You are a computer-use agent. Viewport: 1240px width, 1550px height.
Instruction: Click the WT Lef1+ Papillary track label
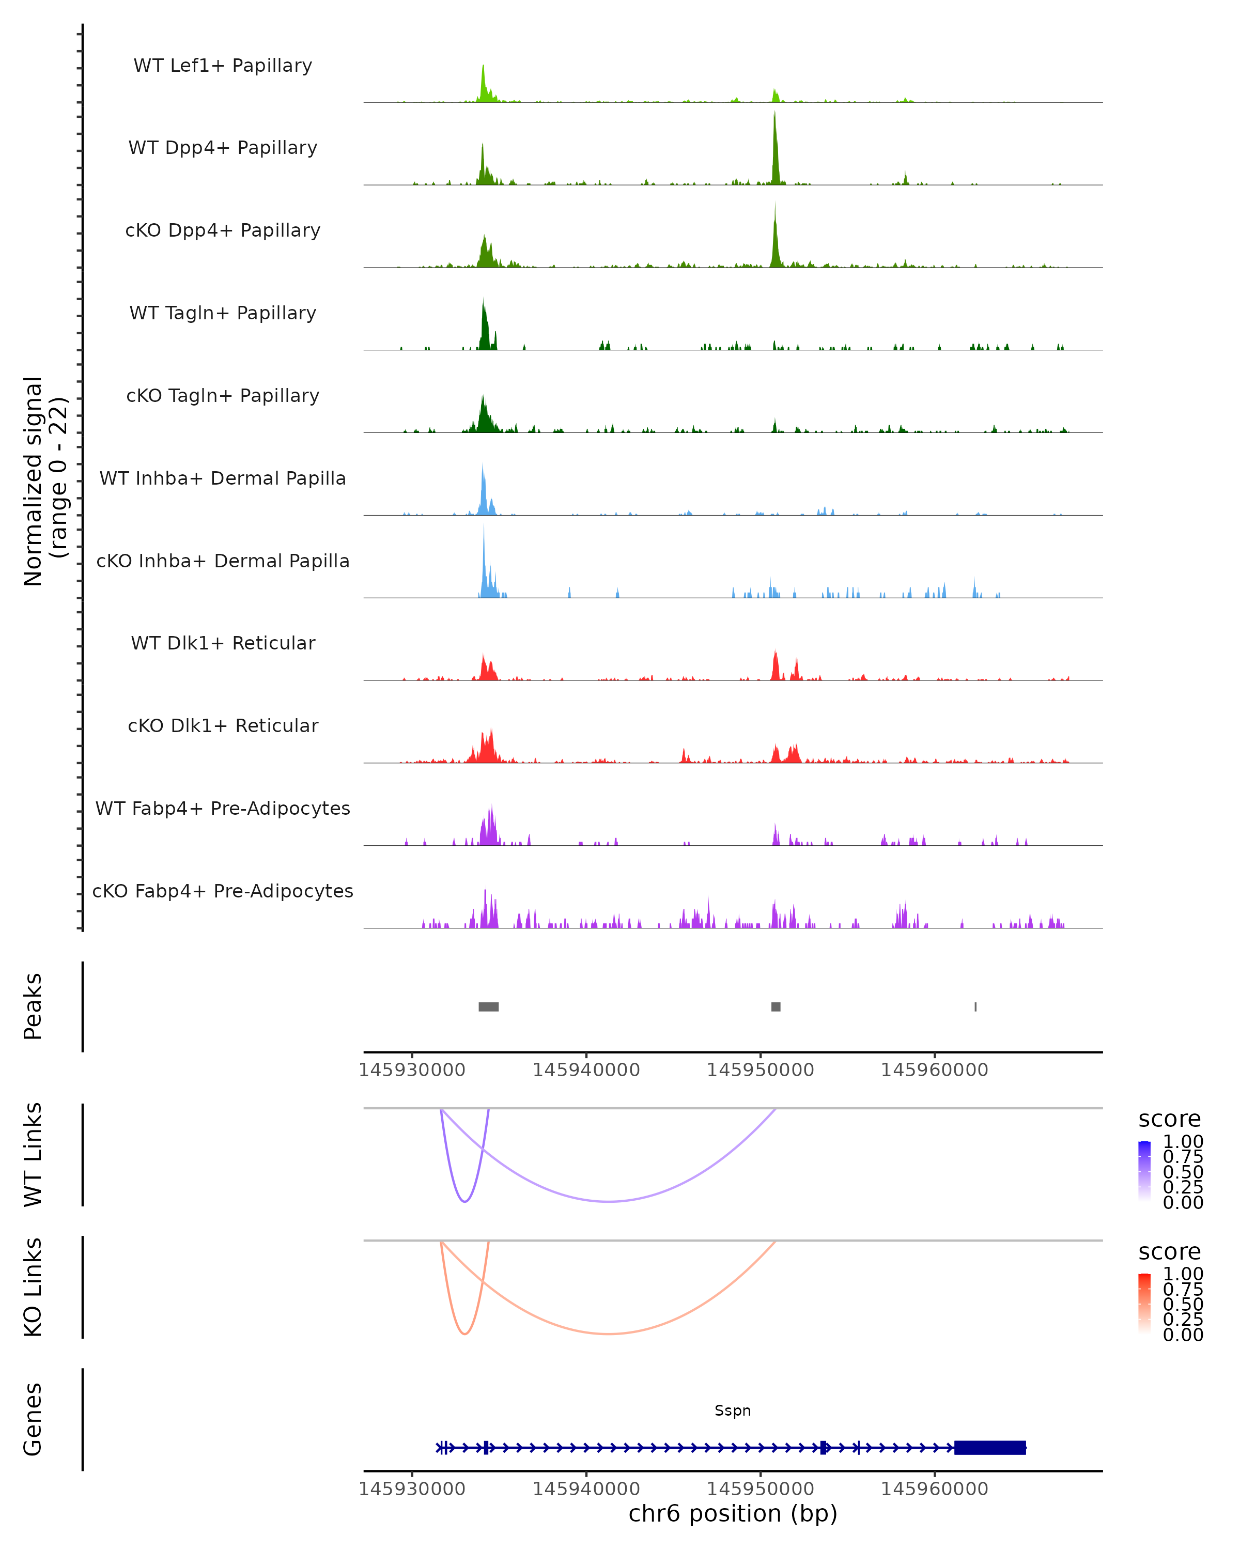pyautogui.click(x=223, y=66)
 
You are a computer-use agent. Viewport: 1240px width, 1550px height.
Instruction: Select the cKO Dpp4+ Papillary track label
pyautogui.click(x=223, y=230)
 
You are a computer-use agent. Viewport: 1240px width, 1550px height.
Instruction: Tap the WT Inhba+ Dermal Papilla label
pyautogui.click(x=223, y=478)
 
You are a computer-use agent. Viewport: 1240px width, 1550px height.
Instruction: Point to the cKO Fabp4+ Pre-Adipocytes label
pyautogui.click(x=223, y=891)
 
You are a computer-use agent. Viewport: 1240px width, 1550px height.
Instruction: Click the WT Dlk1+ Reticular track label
pyautogui.click(x=223, y=643)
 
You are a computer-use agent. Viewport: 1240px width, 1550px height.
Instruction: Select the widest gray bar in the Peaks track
pyautogui.click(x=489, y=1006)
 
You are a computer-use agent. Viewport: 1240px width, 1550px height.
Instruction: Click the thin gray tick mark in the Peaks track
pyautogui.click(x=975, y=1006)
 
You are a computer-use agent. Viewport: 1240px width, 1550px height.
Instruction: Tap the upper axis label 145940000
pyautogui.click(x=586, y=1070)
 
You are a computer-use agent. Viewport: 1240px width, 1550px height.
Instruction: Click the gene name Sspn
pyautogui.click(x=733, y=1411)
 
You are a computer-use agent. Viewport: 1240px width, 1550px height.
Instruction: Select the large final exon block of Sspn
pyautogui.click(x=990, y=1448)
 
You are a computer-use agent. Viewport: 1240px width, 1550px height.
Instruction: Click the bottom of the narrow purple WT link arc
pyautogui.click(x=465, y=1201)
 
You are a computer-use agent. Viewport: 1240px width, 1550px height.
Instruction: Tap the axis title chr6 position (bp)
pyautogui.click(x=733, y=1514)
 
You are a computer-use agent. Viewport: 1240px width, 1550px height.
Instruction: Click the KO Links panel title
pyautogui.click(x=33, y=1287)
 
